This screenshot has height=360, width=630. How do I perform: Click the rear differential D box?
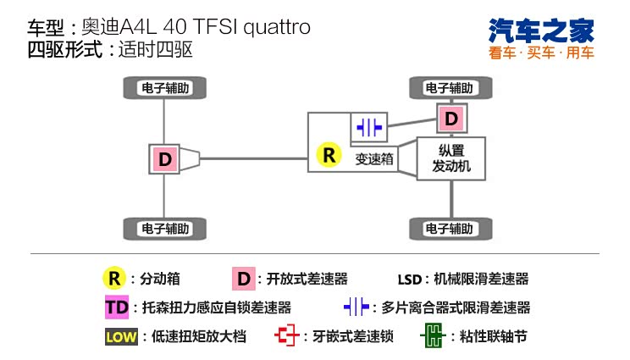coord(164,158)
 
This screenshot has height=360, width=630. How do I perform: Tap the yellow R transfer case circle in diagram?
coord(328,155)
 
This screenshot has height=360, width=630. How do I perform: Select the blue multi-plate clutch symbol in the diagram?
coord(369,127)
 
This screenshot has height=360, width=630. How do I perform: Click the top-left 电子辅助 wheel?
coord(164,87)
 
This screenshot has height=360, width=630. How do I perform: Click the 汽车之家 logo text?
coord(542,30)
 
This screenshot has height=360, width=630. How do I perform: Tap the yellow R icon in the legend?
coord(114,278)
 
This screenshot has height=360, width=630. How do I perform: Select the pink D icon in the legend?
coord(243,278)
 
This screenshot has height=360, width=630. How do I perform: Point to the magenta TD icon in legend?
coord(115,307)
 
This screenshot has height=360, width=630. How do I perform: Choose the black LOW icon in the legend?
coord(121,336)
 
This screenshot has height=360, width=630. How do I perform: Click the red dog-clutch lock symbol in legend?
coord(288,335)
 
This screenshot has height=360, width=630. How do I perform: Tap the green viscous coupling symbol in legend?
coord(432,335)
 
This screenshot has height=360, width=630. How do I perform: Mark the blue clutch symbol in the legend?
coord(356,307)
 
